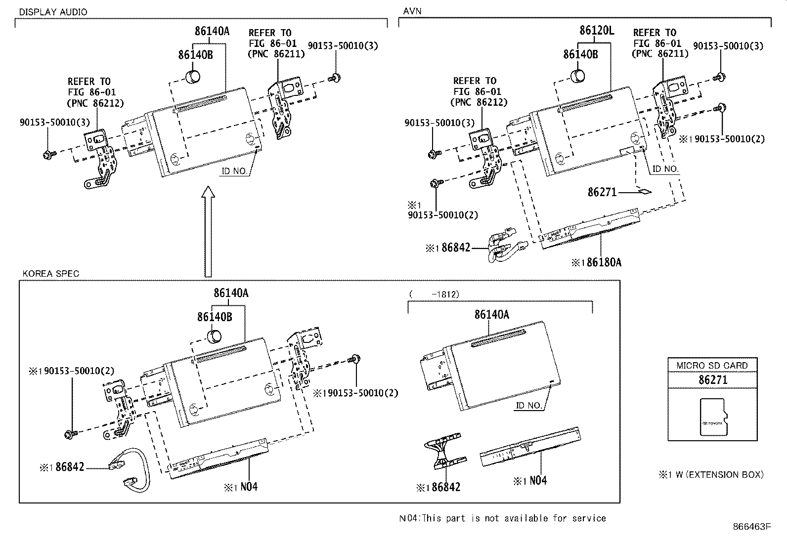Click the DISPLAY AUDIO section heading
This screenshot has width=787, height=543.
(53, 12)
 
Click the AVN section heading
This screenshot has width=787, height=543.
(412, 11)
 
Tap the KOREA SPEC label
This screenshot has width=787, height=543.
(50, 274)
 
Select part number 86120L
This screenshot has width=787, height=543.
(597, 31)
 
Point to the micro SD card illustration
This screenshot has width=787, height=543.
(714, 418)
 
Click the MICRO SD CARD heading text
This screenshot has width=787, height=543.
(712, 366)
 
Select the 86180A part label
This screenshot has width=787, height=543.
(604, 262)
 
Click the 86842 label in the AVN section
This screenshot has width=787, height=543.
(455, 248)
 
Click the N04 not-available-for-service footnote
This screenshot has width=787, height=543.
(502, 518)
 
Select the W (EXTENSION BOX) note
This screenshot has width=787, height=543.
(711, 475)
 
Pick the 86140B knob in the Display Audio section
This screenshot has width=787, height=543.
(193, 77)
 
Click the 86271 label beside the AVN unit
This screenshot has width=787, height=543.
(602, 192)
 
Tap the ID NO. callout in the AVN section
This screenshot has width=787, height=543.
(665, 169)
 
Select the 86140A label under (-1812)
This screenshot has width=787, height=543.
(491, 314)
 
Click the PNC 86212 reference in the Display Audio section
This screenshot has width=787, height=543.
(95, 103)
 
